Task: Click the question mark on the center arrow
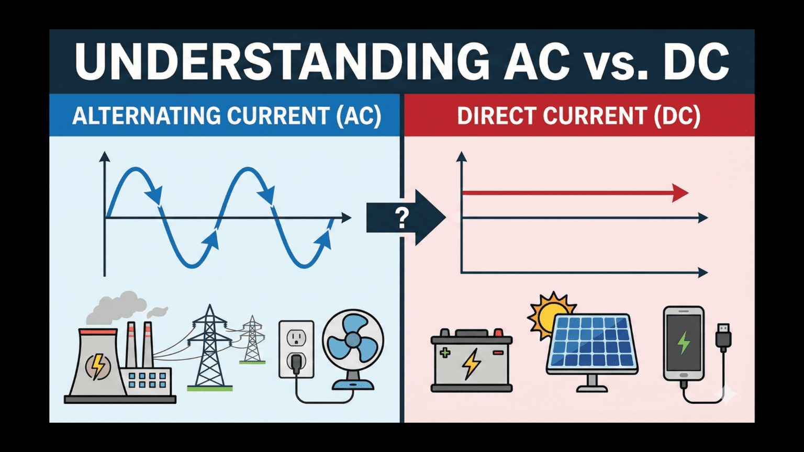coord(401,218)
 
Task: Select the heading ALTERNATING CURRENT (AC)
coord(226,116)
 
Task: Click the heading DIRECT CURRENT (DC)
coord(579,116)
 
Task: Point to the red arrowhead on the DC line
coord(680,193)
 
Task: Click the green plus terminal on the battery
coord(445,353)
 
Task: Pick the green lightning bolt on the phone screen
coord(684,343)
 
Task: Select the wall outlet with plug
coord(296,348)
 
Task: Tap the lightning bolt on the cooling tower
coord(98,366)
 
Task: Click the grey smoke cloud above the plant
coord(118,306)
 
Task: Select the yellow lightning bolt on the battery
coord(472,364)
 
